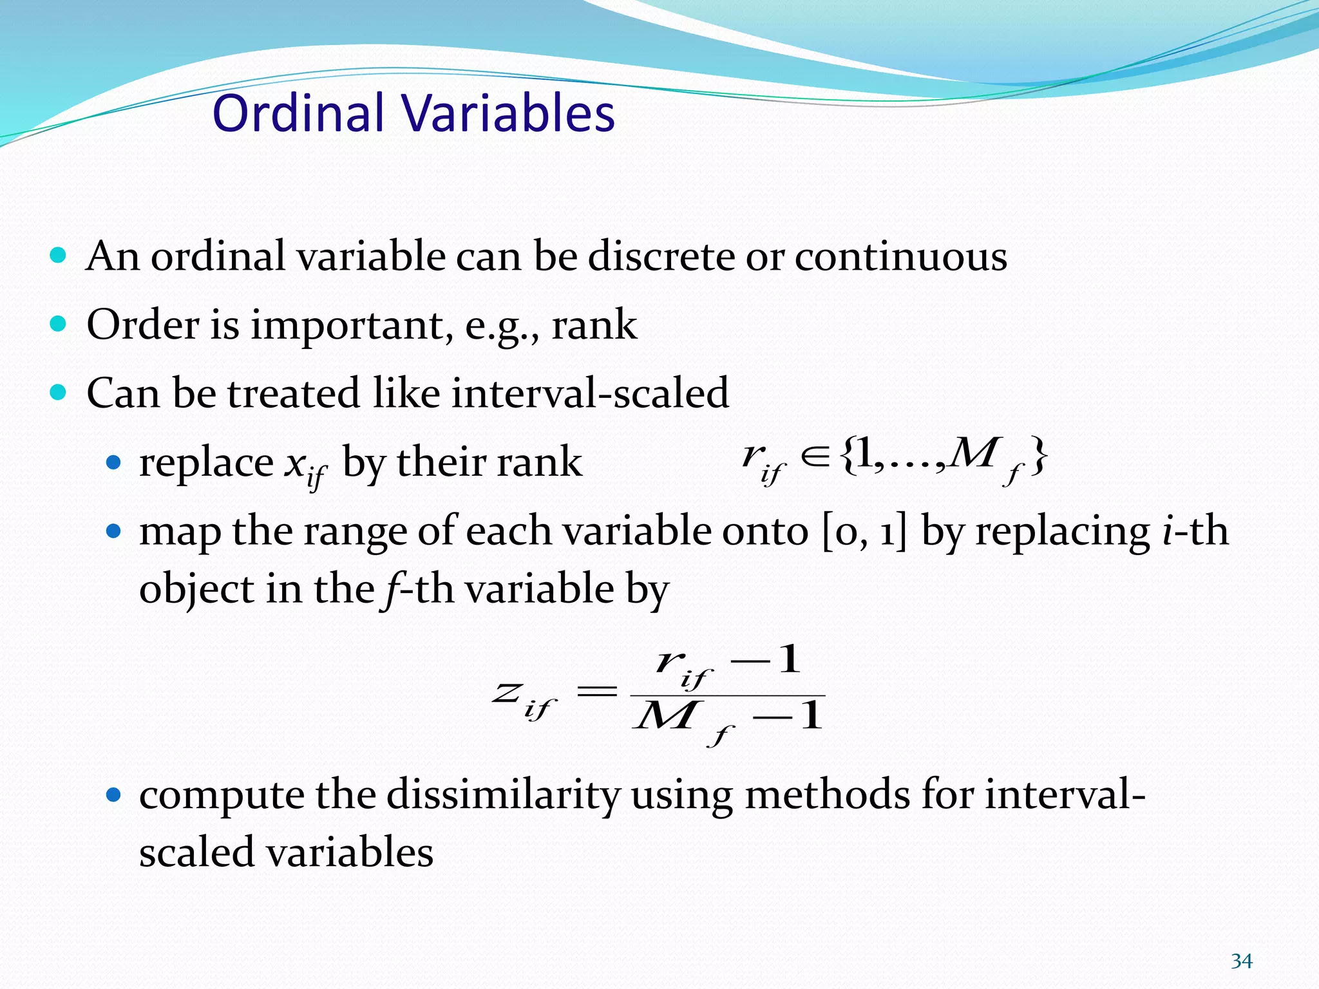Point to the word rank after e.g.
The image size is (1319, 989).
(x=594, y=325)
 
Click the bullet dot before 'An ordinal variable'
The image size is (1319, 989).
(x=58, y=256)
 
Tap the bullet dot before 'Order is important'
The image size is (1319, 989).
(x=58, y=323)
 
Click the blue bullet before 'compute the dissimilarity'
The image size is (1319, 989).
(x=113, y=795)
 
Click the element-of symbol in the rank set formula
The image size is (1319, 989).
(x=815, y=457)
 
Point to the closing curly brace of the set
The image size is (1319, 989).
(x=1038, y=457)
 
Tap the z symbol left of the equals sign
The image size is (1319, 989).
(x=507, y=693)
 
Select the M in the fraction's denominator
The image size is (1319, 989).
(x=665, y=716)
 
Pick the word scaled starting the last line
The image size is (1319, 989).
(x=197, y=852)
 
